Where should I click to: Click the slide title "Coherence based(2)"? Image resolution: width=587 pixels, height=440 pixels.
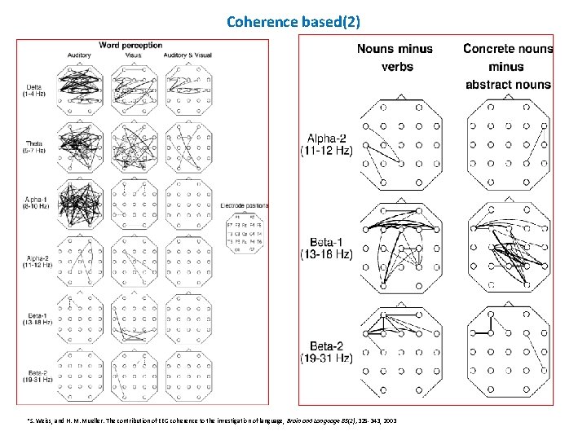coord(293,21)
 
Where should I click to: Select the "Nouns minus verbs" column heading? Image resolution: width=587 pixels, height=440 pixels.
coord(396,57)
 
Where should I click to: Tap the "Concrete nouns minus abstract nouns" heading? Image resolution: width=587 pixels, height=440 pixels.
coord(508,66)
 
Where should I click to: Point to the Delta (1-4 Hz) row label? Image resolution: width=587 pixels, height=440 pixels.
coord(36,90)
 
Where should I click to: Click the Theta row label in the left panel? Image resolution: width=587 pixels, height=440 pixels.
coord(35,147)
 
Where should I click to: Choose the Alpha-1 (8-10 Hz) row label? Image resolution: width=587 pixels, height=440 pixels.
coord(36,202)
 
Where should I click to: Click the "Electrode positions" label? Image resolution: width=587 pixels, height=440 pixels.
coord(244,205)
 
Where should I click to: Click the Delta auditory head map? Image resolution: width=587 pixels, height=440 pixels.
coord(79,89)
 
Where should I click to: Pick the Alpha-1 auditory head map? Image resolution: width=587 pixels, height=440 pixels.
coord(79,200)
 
